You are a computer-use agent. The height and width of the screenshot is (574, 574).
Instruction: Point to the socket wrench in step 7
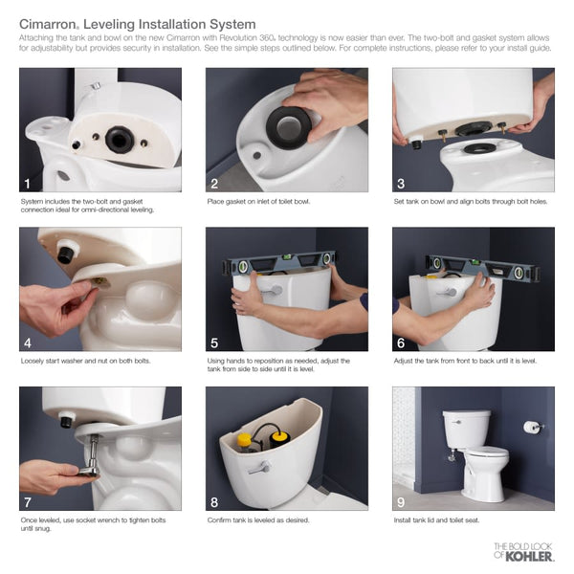click(88, 456)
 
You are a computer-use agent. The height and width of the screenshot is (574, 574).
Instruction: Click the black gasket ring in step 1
click(120, 140)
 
